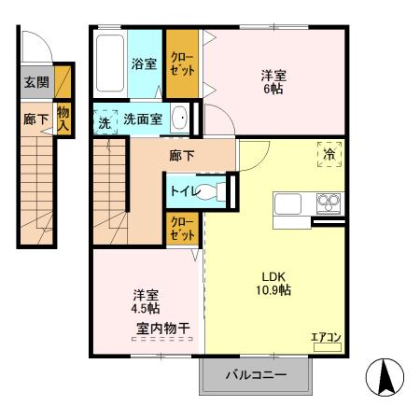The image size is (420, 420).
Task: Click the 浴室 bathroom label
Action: coord(144,65)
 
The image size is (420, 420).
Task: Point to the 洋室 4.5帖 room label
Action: coord(144,299)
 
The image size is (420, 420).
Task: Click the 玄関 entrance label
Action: coord(36,83)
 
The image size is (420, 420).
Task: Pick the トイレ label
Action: coord(182,189)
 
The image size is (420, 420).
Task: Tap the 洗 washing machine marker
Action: coord(104,120)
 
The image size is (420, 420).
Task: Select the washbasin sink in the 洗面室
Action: coord(179,119)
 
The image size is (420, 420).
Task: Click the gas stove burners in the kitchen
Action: coord(329,202)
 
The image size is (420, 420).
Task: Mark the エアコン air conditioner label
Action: coord(326,338)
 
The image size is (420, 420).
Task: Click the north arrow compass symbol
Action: coord(384,376)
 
